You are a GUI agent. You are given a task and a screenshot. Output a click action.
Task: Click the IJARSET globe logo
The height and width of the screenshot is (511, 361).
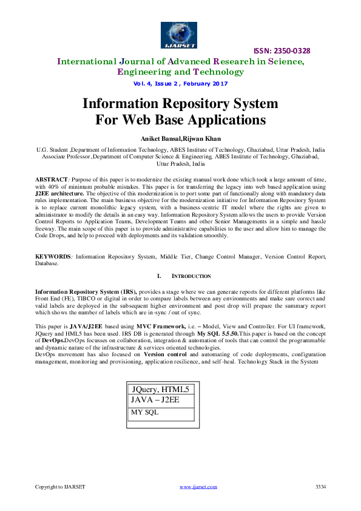180,33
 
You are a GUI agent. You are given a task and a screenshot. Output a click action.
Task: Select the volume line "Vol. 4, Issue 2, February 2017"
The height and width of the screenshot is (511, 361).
180,84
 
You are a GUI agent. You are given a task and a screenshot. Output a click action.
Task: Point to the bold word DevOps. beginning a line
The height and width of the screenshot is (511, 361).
49,340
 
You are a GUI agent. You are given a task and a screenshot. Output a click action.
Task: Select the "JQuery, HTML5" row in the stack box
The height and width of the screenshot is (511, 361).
161,389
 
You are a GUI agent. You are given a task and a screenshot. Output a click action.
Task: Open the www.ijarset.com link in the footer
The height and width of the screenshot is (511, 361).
199,487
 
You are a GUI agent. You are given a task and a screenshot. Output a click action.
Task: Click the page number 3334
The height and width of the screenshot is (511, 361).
321,487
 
